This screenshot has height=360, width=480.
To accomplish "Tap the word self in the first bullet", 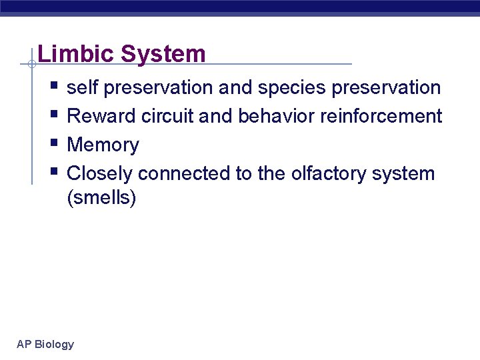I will click(x=83, y=88).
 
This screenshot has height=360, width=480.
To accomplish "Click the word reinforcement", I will click(x=381, y=117).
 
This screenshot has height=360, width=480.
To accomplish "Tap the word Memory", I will click(x=103, y=145).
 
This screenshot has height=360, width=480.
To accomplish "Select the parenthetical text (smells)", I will click(x=101, y=198).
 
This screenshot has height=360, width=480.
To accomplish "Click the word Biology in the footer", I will click(x=55, y=345).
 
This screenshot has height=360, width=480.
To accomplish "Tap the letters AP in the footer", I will click(x=24, y=345).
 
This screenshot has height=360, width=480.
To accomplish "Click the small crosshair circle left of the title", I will click(x=31, y=65).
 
